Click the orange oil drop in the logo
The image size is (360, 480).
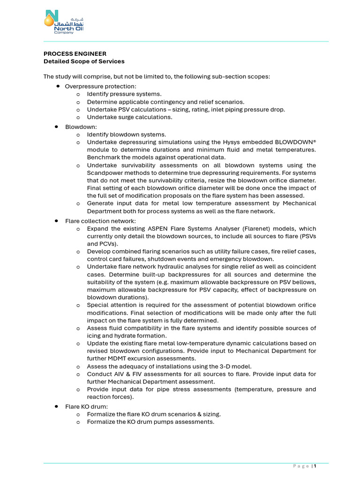pos(48,20)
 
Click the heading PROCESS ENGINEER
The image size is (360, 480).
pos(75,54)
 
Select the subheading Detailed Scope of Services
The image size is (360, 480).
pos(84,61)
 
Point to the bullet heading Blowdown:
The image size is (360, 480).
pos(81,127)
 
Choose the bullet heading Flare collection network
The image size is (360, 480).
pos(100,221)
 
